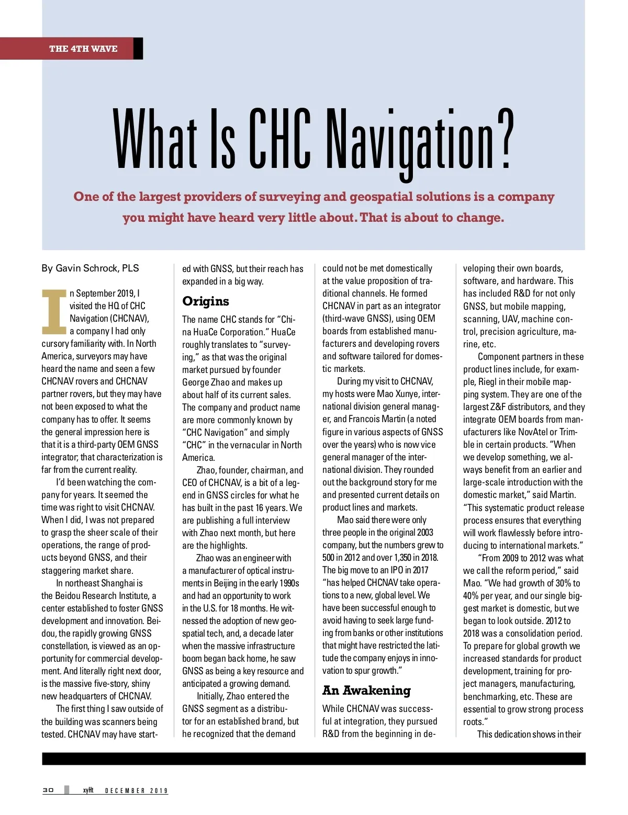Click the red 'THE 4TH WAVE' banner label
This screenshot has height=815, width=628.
83,49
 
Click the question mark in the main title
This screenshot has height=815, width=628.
504,140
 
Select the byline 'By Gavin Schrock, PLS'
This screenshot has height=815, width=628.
90,268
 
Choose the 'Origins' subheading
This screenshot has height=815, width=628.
206,301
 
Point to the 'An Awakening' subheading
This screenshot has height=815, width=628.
366,691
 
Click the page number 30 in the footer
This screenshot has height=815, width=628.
48,790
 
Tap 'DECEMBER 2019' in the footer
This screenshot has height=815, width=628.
136,790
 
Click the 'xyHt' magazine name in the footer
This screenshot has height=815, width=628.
88,790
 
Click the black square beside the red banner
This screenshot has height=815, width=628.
138,49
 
